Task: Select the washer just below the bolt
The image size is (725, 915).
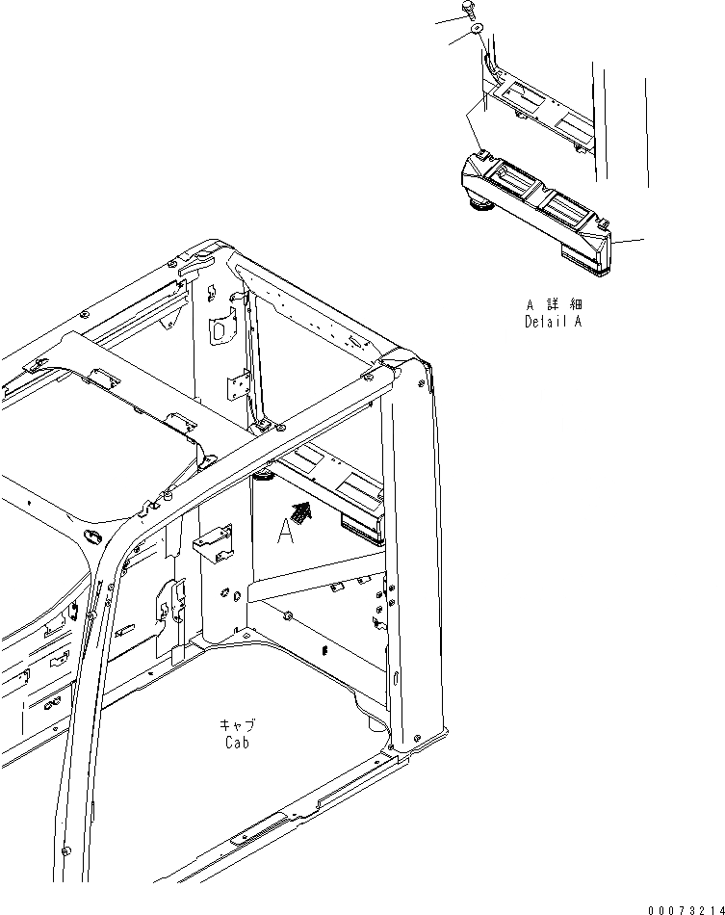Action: click(478, 32)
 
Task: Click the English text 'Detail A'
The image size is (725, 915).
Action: click(553, 323)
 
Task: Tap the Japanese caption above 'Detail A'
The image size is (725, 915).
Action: click(553, 304)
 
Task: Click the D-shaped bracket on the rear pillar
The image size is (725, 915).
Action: click(220, 330)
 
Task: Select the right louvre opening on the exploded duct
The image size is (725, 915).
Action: click(566, 205)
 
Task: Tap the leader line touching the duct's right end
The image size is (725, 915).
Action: click(630, 240)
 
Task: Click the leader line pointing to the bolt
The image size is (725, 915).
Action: click(447, 18)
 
